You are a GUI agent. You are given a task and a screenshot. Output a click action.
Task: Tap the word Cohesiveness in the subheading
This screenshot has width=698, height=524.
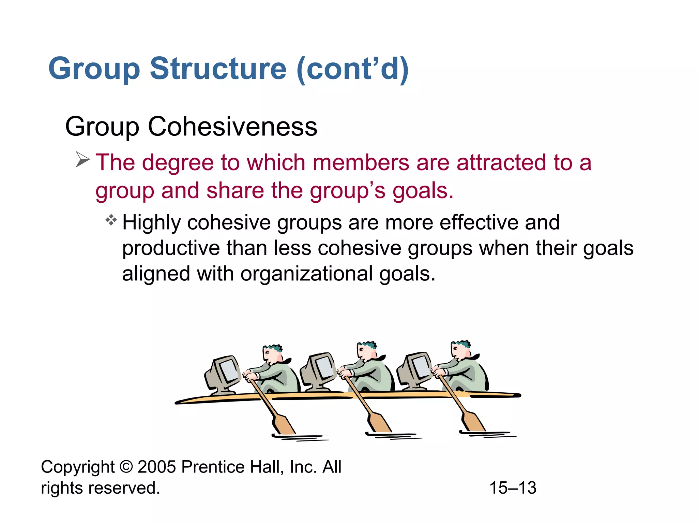pyautogui.click(x=232, y=127)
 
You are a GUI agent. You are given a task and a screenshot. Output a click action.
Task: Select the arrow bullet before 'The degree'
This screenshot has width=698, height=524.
pyautogui.click(x=82, y=159)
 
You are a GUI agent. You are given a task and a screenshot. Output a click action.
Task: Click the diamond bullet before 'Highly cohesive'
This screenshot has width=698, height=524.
pyautogui.click(x=111, y=220)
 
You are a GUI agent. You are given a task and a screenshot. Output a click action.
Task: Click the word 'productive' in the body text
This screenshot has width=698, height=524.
pyautogui.click(x=171, y=248)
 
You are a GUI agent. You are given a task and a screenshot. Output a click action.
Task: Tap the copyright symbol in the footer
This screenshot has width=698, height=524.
pyautogui.click(x=126, y=467)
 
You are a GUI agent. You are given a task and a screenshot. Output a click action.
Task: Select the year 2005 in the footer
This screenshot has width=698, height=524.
pyautogui.click(x=157, y=467)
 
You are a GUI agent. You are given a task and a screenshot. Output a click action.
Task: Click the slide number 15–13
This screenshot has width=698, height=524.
pyautogui.click(x=513, y=487)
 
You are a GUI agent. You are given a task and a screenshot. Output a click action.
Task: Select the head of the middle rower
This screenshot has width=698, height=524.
pyautogui.click(x=366, y=351)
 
